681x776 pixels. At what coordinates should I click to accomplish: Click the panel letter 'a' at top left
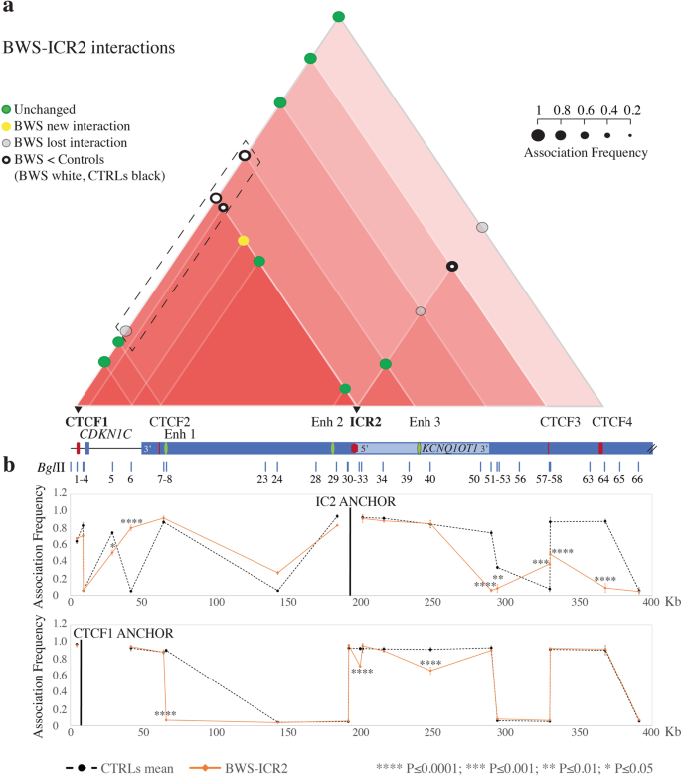pos(7,9)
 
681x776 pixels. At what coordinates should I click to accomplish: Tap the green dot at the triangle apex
pos(339,16)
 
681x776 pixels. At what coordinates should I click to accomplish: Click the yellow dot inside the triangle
pos(244,240)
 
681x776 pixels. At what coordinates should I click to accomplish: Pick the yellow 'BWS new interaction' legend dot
pos(9,126)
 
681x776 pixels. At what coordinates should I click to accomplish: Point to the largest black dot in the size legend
pos(538,134)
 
